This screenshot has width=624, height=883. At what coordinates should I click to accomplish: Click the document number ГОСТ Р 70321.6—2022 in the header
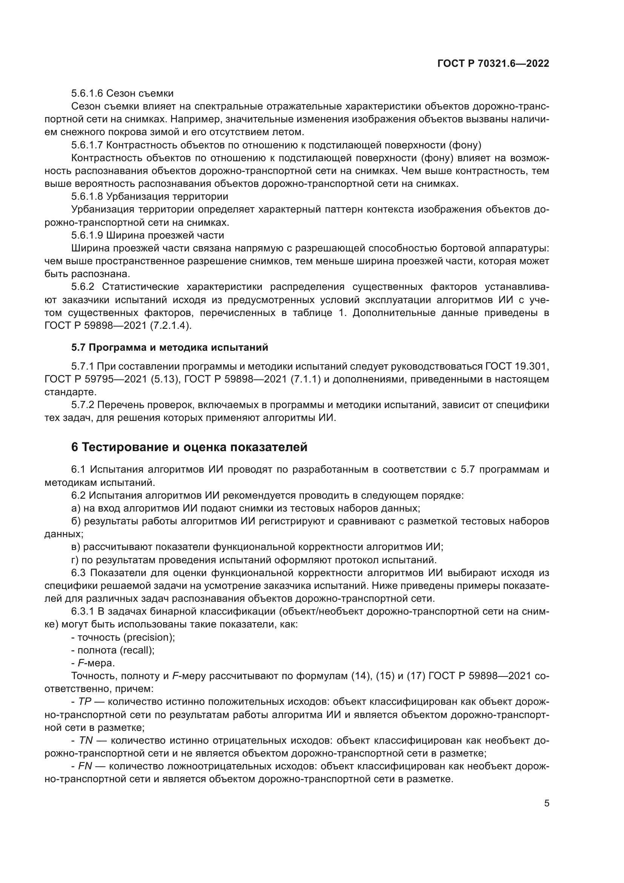tap(493, 64)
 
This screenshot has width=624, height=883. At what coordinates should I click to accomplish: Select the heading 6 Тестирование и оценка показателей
tap(189, 447)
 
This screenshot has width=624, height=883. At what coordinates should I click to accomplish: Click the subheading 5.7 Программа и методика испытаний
tap(169, 347)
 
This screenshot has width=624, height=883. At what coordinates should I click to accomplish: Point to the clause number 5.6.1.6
tap(87, 94)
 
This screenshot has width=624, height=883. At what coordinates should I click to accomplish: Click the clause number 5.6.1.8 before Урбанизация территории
tap(87, 197)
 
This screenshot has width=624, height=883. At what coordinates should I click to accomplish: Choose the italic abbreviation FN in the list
tap(85, 766)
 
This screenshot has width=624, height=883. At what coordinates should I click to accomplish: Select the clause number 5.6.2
tap(83, 287)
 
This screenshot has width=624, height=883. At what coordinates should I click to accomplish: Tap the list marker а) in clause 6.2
tap(76, 509)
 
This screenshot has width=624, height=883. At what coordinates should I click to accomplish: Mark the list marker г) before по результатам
tap(75, 560)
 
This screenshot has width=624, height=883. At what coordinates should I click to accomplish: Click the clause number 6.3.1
tap(83, 612)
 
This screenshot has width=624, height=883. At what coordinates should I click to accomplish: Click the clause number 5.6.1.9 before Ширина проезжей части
tap(87, 235)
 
